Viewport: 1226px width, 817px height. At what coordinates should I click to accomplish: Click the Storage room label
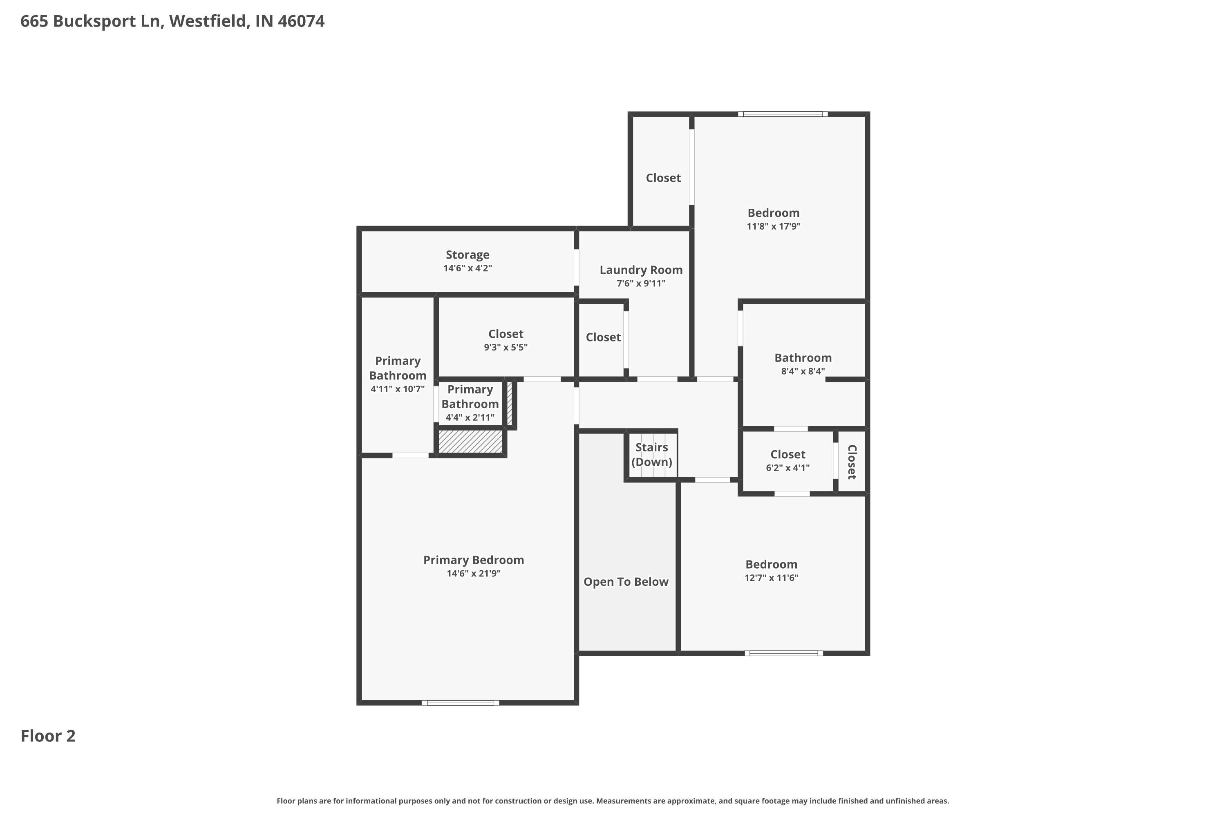click(x=467, y=255)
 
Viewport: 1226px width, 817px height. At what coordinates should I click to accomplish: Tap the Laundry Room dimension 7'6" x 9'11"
click(x=641, y=283)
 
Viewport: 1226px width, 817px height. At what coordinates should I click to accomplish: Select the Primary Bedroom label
click(x=473, y=560)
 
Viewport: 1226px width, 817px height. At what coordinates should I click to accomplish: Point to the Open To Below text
click(x=626, y=582)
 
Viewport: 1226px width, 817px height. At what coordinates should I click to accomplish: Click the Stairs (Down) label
click(x=651, y=454)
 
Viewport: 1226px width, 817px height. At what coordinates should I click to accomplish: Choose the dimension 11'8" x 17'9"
click(x=773, y=226)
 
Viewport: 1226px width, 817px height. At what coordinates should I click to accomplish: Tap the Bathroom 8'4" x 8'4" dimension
click(x=802, y=371)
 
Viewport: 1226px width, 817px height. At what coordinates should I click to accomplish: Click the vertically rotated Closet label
click(x=851, y=462)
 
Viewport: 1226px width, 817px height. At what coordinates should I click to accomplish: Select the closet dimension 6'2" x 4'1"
click(x=787, y=468)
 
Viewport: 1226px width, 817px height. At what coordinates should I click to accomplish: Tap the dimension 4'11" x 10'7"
click(x=397, y=389)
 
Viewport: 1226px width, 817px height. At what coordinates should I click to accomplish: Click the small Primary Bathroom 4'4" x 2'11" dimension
click(x=470, y=418)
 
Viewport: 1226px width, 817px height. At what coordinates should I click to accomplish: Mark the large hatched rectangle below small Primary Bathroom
click(x=470, y=441)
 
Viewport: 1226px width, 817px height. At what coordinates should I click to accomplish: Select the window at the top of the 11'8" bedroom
click(x=783, y=114)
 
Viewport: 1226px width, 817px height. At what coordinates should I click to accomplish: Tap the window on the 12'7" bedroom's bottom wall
click(x=783, y=653)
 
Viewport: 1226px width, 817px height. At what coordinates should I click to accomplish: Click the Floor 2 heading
click(x=48, y=736)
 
